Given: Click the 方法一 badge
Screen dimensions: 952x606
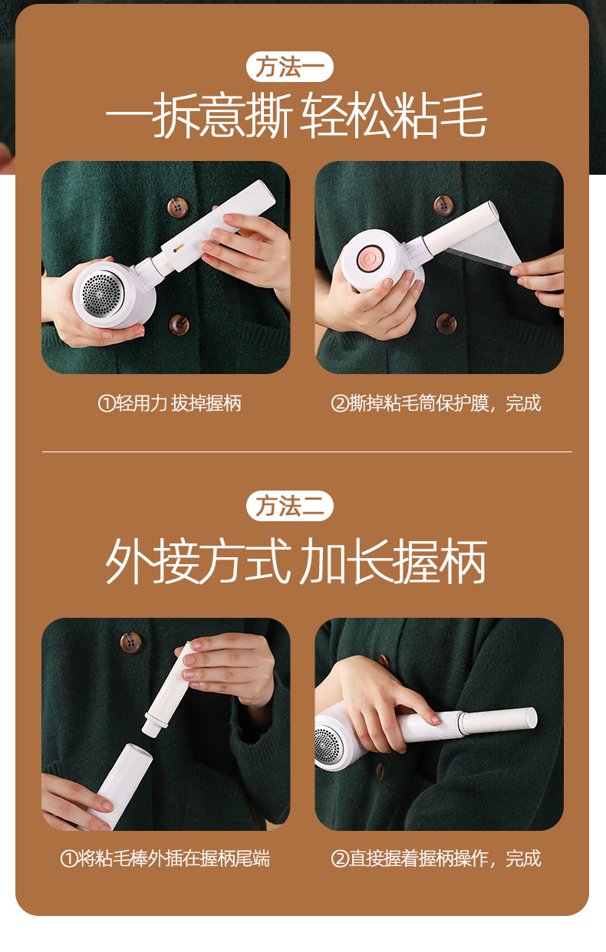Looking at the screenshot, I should click(290, 67).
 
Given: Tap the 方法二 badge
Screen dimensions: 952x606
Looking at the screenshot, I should click(290, 506).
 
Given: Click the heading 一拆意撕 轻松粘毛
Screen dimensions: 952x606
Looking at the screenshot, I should click(296, 118).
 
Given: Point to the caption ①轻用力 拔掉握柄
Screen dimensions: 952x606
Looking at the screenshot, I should click(170, 403).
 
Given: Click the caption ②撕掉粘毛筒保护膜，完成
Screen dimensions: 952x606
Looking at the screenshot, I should click(436, 403).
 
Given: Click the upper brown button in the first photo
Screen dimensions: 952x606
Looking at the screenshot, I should click(178, 206).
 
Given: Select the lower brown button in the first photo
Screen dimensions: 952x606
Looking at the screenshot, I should click(179, 323).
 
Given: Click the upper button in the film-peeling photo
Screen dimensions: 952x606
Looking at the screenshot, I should click(443, 205).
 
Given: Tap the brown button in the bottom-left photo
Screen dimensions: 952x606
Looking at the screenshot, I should click(131, 642).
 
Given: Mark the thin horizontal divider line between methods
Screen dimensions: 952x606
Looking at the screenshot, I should click(307, 452).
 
